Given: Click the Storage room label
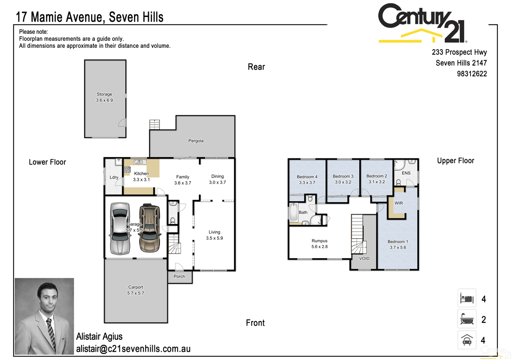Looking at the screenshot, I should [x=104, y=97].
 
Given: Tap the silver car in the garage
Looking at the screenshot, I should [x=119, y=228].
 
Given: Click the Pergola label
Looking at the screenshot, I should [x=196, y=140].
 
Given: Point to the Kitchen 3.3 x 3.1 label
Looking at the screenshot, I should [x=141, y=176].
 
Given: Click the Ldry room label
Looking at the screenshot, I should [x=114, y=177].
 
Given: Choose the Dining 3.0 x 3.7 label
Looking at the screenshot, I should [x=217, y=179].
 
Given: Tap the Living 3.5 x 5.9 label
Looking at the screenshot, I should [x=214, y=235].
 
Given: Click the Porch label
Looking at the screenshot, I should [x=180, y=277].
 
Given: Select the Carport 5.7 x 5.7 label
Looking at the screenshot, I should [x=136, y=290].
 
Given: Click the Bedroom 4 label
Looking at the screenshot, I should [x=307, y=179].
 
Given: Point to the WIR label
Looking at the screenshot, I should [x=399, y=203].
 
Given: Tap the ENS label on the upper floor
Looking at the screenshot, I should [x=406, y=173].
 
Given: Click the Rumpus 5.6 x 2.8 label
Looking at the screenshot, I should [x=319, y=244].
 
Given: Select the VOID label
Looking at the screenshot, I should [x=364, y=259].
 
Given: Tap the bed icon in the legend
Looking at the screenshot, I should [x=466, y=297].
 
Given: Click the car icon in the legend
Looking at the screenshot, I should [x=466, y=340].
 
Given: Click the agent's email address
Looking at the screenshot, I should [x=133, y=349].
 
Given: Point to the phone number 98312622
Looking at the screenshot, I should [x=471, y=73].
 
